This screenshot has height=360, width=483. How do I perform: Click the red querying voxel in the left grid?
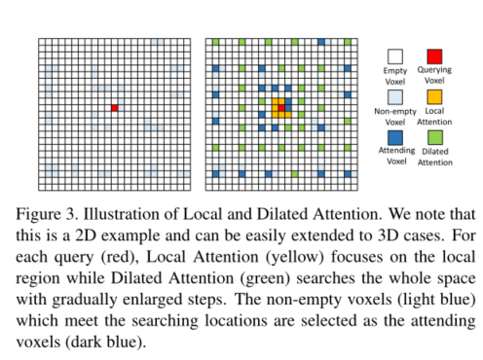point(114,108)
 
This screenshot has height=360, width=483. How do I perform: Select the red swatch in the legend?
point(435,55)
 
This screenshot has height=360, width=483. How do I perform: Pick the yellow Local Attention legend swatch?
point(435,96)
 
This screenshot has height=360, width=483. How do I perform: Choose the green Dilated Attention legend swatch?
point(435,137)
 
